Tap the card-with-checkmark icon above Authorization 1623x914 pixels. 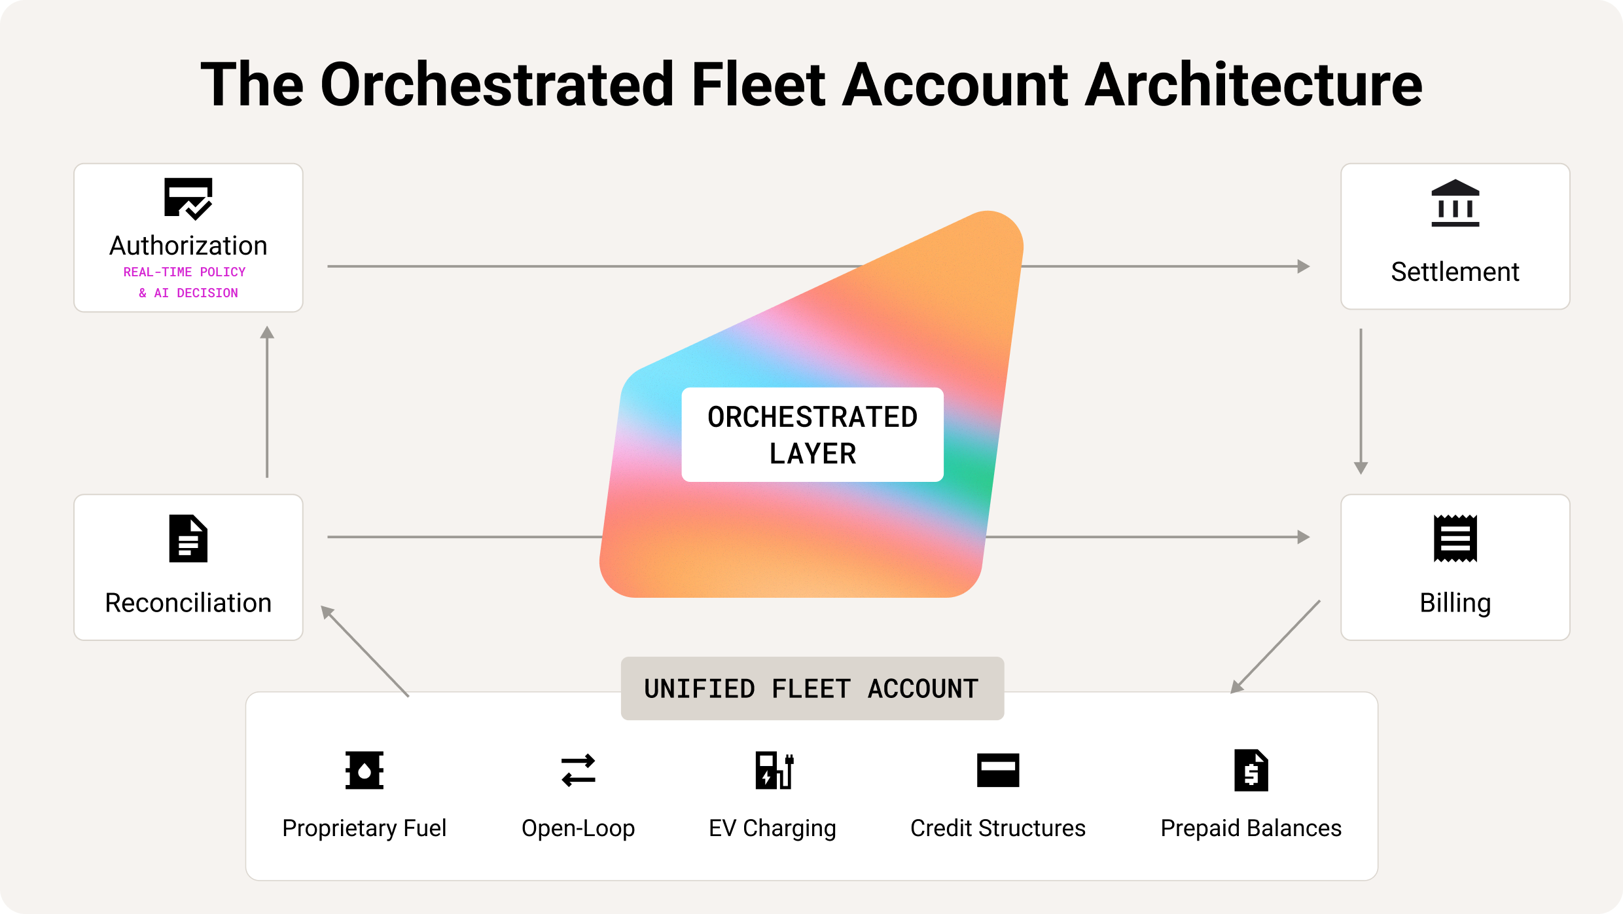[x=188, y=198]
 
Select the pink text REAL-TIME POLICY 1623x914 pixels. [x=185, y=272]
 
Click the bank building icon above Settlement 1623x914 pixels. [x=1455, y=203]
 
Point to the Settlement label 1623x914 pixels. [x=1455, y=272]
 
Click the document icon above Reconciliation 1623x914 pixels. [x=188, y=539]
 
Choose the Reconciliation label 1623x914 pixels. [x=188, y=602]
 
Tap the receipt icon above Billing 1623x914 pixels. [x=1455, y=539]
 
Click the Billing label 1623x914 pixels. [x=1455, y=603]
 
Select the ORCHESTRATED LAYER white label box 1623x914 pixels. [x=812, y=435]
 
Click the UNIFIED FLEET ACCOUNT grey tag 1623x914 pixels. [x=812, y=689]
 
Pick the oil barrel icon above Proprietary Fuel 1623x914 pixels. [x=365, y=770]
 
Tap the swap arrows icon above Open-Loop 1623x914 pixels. [x=578, y=770]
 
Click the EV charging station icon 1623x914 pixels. [x=774, y=770]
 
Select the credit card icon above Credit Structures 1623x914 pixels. [x=998, y=770]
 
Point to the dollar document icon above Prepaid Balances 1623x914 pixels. [x=1251, y=770]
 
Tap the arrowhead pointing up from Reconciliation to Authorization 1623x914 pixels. [x=267, y=332]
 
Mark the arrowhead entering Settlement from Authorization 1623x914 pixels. [x=1304, y=266]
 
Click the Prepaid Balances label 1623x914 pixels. [x=1251, y=828]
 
